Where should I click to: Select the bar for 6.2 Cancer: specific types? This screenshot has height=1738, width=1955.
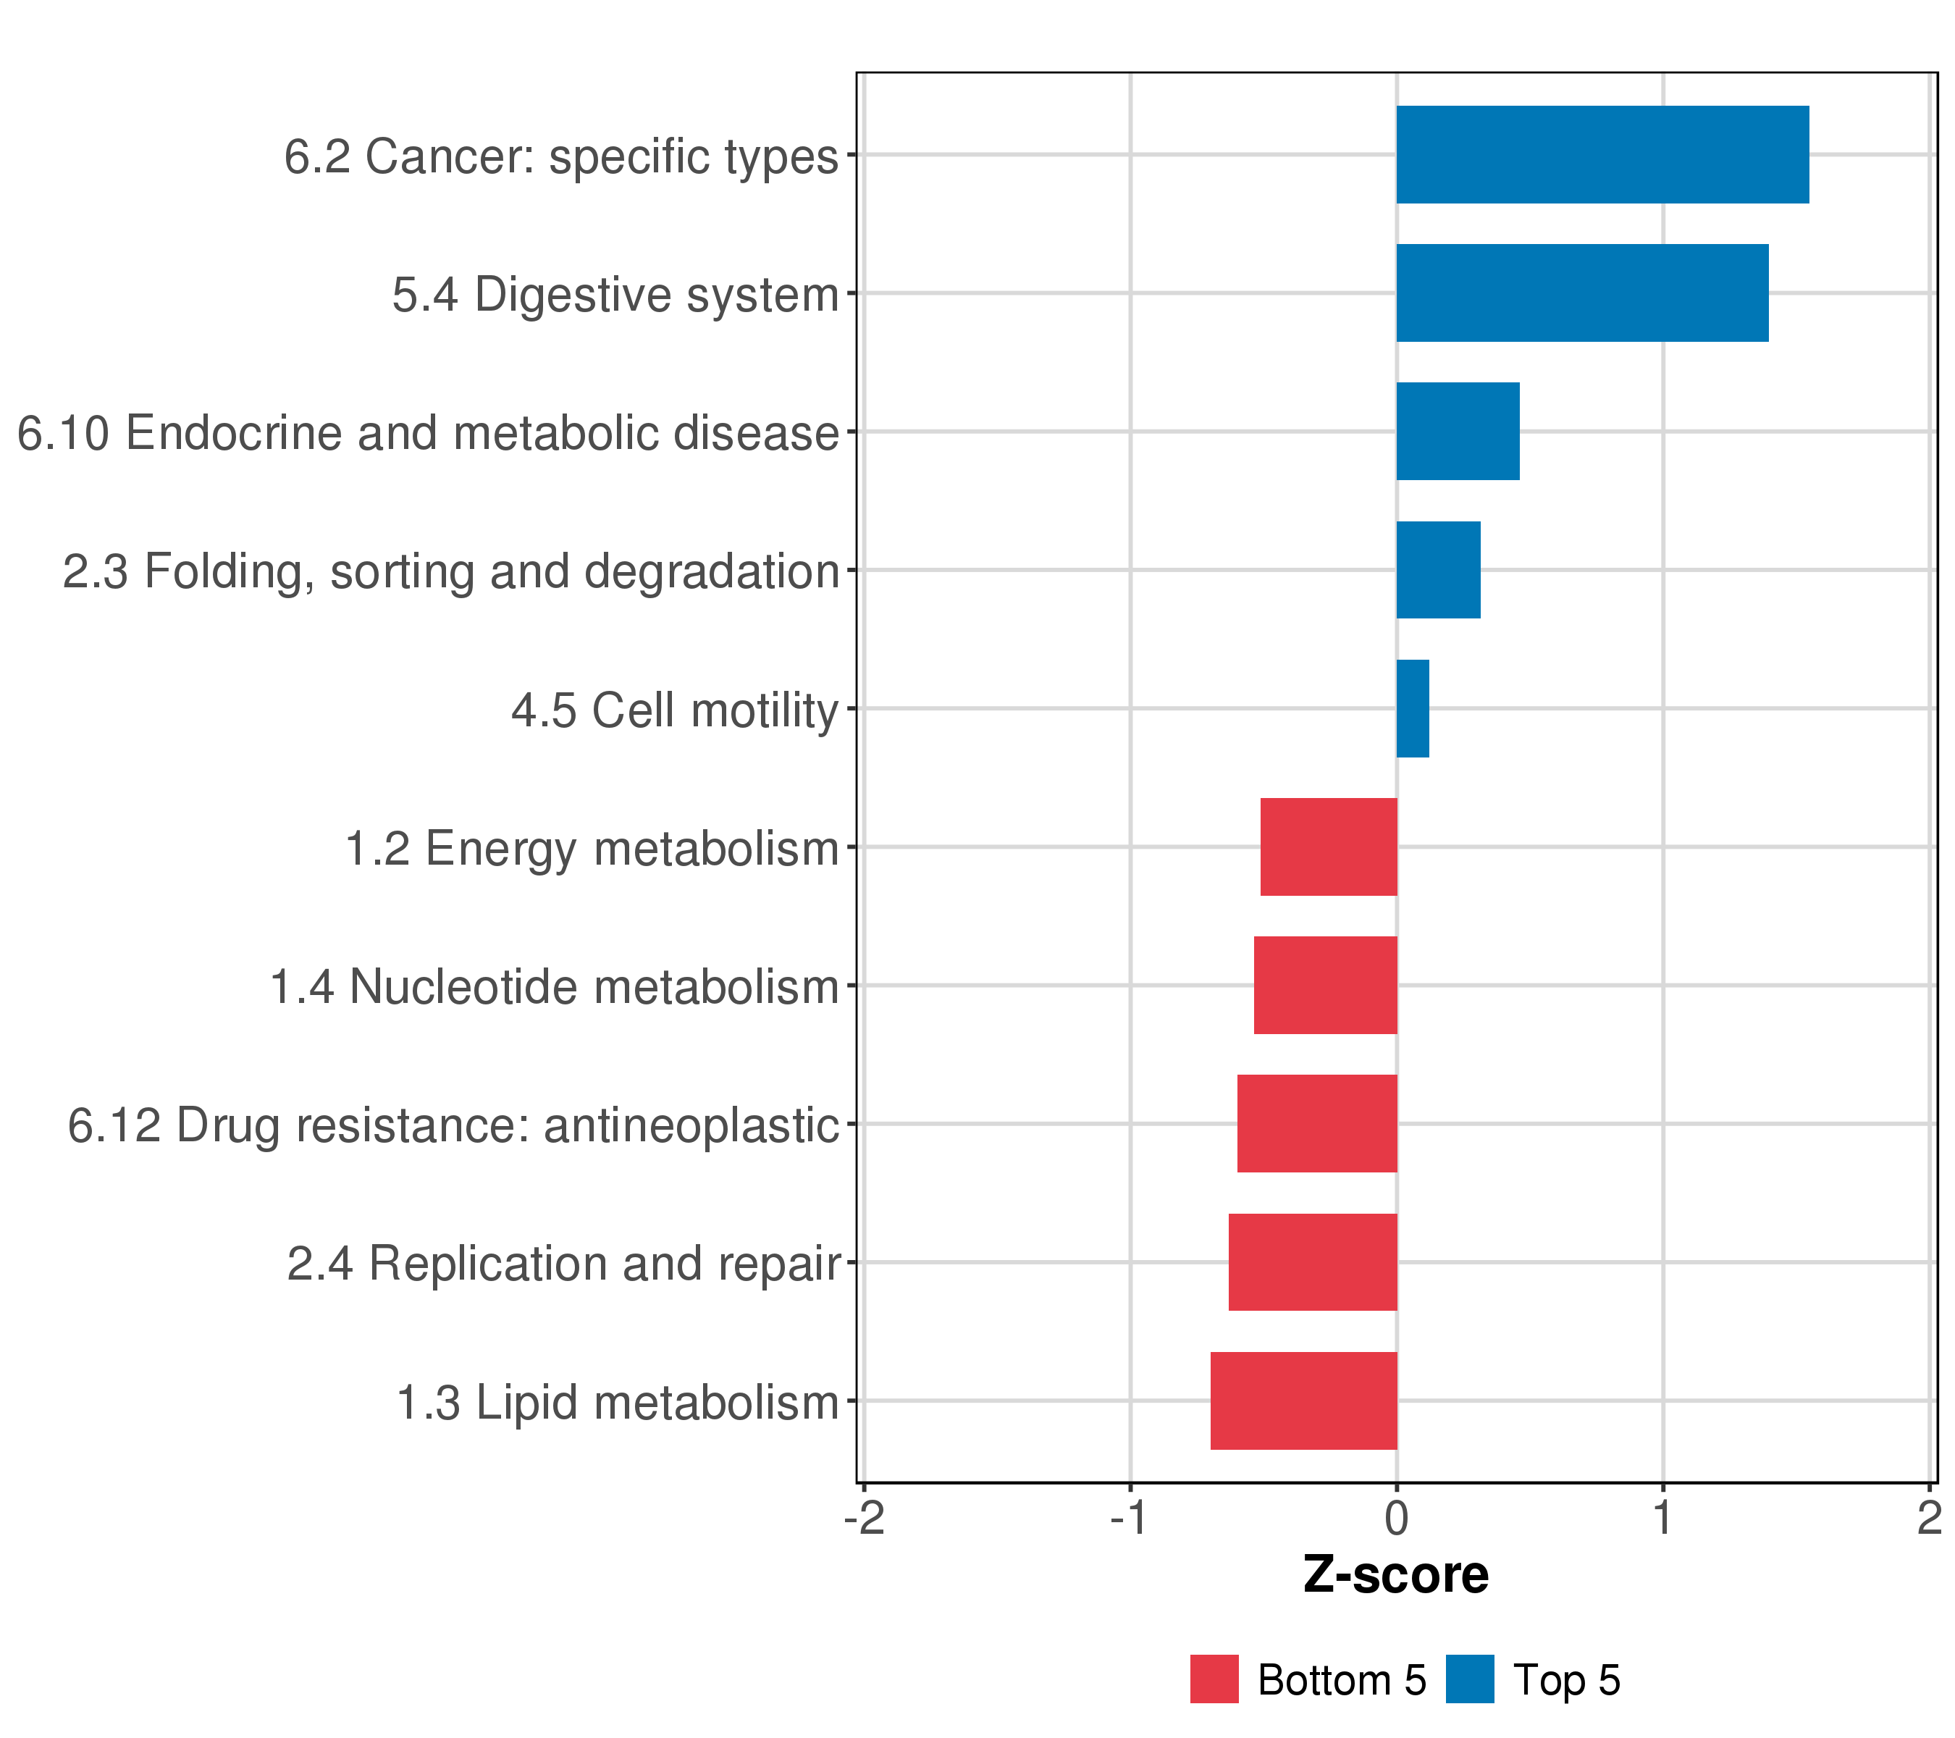[1602, 154]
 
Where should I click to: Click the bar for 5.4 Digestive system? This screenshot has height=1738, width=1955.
[1582, 293]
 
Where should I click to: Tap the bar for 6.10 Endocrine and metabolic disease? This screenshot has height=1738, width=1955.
[1458, 432]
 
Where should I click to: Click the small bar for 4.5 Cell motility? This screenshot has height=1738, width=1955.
[1413, 709]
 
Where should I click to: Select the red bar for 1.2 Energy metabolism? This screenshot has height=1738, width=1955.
[1329, 847]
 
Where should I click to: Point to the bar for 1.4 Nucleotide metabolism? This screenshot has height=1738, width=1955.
[1326, 985]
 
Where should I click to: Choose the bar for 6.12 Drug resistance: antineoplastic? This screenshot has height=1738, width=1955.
[1317, 1124]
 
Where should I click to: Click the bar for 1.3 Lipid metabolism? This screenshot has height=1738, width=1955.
[1303, 1401]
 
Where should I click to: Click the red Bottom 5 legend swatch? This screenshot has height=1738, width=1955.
[1214, 1679]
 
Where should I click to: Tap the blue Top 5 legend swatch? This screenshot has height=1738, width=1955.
[1469, 1679]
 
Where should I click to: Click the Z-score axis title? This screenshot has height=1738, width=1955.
[1395, 1574]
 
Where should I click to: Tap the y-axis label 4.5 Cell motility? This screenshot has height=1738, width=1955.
[674, 710]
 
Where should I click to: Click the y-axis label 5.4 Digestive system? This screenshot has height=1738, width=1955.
[615, 295]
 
